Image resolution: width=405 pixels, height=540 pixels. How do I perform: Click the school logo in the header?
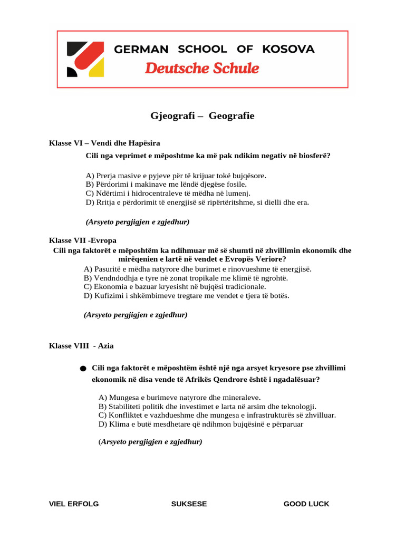point(85,59)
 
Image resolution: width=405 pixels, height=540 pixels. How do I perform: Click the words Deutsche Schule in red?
point(202,69)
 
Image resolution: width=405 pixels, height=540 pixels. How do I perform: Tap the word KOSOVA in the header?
point(288,50)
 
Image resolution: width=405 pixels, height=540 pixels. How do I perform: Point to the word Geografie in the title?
point(232,116)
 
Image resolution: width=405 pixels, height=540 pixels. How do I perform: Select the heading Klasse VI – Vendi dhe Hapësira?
point(104,143)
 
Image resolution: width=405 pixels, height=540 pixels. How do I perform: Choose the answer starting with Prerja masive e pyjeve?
point(176,175)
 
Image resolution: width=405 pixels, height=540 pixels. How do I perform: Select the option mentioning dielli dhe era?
point(197,202)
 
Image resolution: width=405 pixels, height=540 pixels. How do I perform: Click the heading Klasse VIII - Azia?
point(81,346)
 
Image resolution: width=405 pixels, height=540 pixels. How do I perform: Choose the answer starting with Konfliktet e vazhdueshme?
point(217,415)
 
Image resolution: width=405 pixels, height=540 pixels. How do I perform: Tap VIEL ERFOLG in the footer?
point(74,504)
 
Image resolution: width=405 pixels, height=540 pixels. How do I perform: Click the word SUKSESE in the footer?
point(189,504)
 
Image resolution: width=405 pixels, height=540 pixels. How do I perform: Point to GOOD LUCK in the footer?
point(306,504)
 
